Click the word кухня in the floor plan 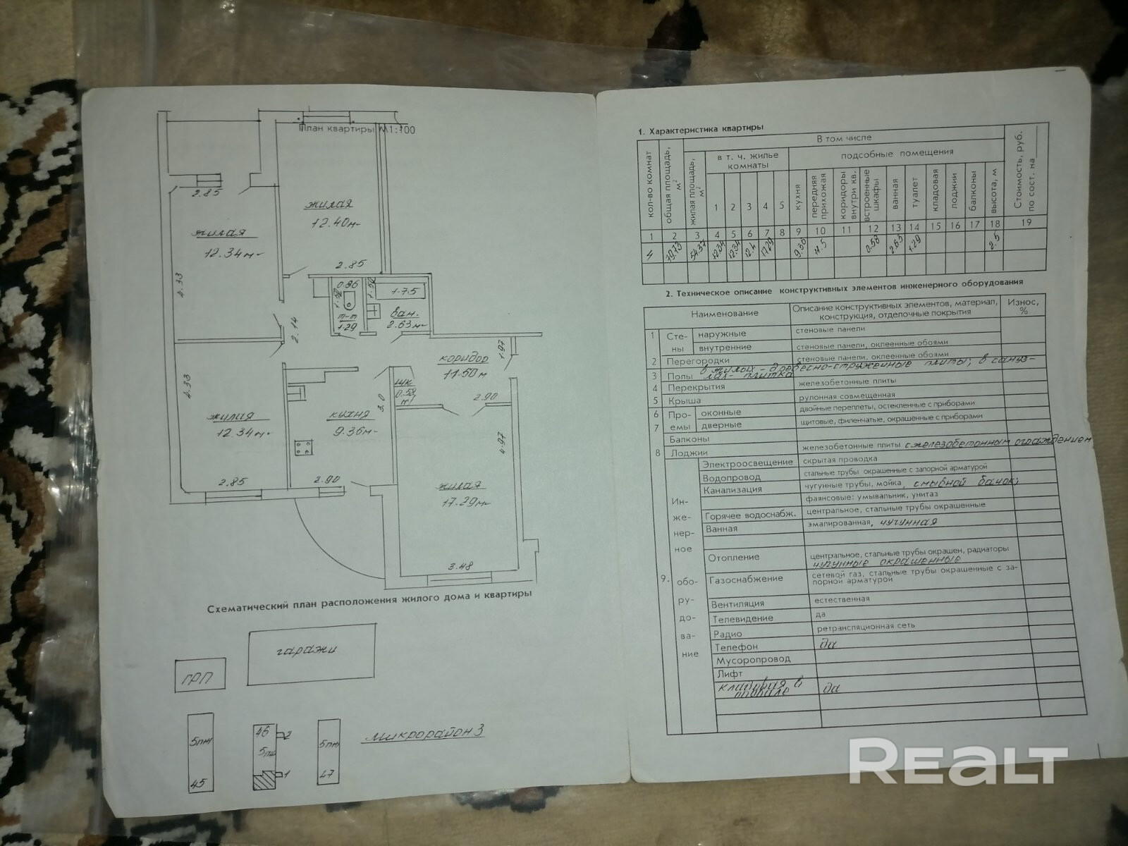click(351, 414)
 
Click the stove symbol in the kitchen click(304, 448)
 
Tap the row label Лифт click(727, 674)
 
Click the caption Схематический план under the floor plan click(369, 594)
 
